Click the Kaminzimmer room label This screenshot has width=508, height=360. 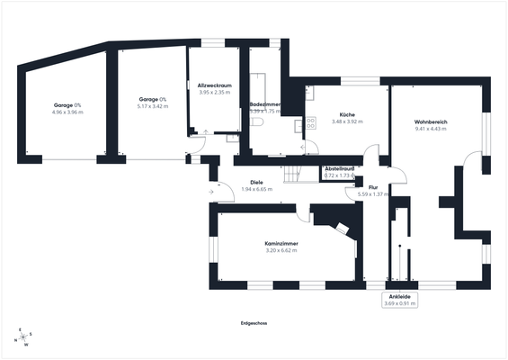281,244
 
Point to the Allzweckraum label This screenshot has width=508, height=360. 215,85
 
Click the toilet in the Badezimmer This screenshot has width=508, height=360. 257,121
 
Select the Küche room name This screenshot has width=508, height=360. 346,114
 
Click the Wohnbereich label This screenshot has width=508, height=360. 431,121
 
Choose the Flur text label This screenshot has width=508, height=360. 371,187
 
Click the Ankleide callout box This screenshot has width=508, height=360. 400,300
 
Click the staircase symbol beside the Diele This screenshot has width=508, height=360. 295,174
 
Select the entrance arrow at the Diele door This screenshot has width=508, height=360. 210,191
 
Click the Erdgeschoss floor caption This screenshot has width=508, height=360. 254,322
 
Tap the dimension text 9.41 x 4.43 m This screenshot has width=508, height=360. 431,129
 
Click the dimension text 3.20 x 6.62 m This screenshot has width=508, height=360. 281,251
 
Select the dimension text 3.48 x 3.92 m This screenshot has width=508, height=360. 346,121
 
